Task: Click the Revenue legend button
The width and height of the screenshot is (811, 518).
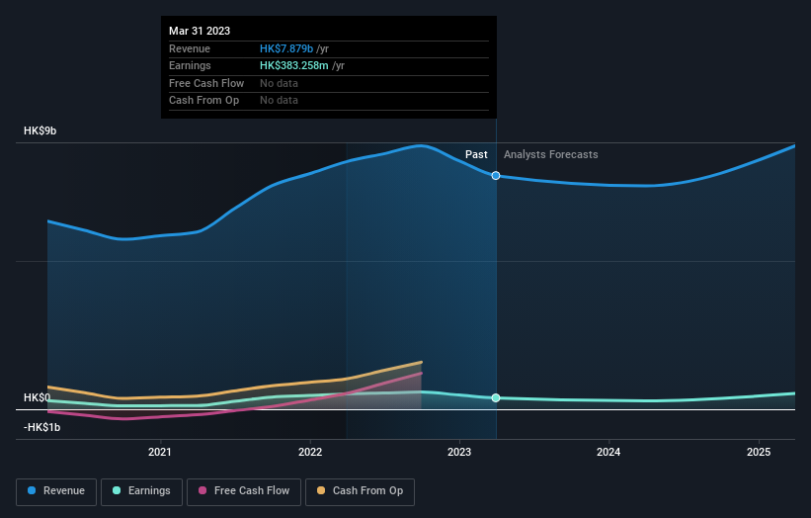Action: tap(57, 490)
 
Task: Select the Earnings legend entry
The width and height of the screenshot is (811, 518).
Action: tap(141, 490)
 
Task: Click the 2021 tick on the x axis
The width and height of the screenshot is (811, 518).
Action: tap(159, 453)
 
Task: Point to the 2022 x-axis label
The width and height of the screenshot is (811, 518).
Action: tap(309, 453)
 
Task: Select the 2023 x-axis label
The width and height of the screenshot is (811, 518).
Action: tap(459, 453)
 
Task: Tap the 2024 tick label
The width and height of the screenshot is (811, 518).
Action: tap(609, 453)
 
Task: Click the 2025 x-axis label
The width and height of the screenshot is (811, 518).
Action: tap(759, 453)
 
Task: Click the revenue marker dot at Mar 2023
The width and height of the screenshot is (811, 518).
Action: tap(496, 176)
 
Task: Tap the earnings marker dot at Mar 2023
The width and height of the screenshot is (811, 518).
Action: tap(496, 397)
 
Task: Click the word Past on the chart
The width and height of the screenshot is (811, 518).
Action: tap(476, 154)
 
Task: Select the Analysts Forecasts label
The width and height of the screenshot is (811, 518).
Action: tap(550, 154)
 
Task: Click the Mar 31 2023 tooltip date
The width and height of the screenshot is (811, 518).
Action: tap(200, 31)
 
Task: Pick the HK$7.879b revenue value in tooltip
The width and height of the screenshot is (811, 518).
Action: tap(286, 48)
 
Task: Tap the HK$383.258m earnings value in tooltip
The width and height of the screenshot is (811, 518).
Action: tap(294, 65)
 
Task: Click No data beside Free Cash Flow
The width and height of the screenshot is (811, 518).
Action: tap(279, 83)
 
